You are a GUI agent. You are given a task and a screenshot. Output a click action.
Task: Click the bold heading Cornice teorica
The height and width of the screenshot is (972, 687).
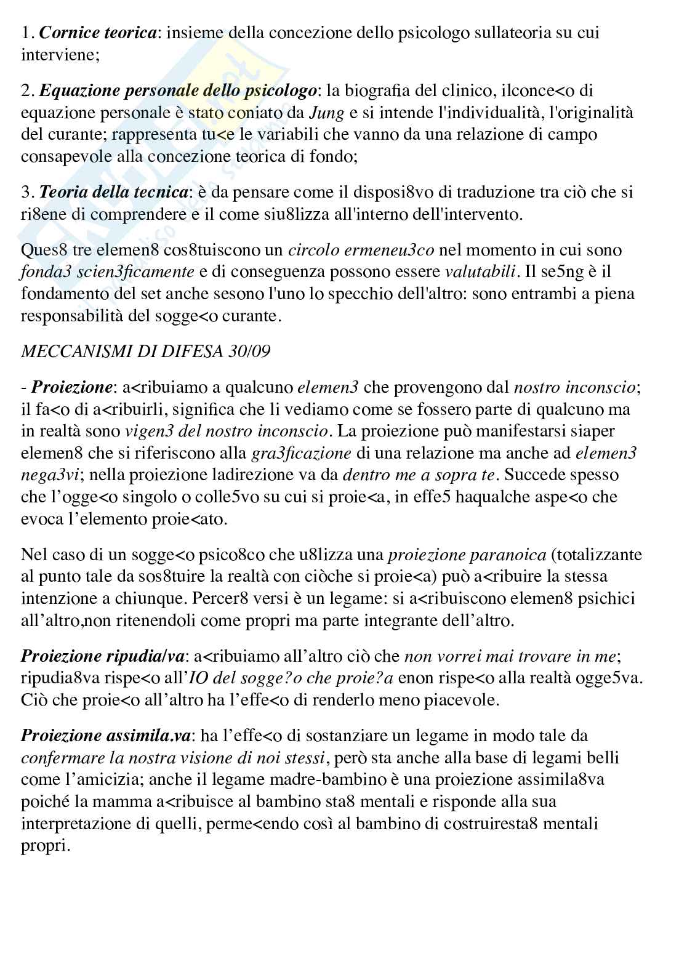point(97,33)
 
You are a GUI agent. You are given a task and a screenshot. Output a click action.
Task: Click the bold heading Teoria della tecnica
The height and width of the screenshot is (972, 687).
point(114,192)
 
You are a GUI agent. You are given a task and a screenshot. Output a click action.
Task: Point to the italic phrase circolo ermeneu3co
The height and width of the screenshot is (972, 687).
point(361,250)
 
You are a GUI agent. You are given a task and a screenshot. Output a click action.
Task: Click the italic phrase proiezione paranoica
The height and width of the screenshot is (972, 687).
point(467,555)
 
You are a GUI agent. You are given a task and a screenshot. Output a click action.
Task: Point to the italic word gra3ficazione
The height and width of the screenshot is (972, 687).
point(302,454)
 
